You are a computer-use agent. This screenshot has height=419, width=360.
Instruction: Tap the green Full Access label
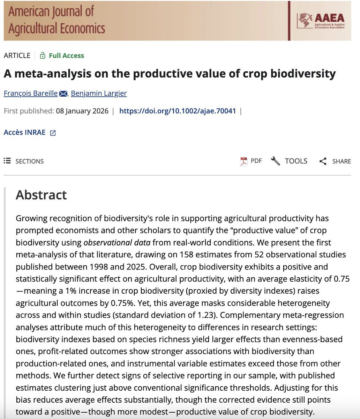(x=66, y=56)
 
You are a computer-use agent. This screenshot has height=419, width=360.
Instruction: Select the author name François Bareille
(x=31, y=93)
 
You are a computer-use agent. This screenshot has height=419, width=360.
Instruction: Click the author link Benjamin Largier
(x=99, y=93)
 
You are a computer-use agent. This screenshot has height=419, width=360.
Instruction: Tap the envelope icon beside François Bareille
(x=63, y=94)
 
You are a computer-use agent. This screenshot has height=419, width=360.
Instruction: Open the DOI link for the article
(x=178, y=111)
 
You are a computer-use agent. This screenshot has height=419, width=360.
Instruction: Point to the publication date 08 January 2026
(x=82, y=111)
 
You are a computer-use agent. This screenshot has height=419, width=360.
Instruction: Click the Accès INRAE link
(x=24, y=132)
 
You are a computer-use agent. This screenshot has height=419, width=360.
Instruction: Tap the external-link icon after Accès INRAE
(x=53, y=133)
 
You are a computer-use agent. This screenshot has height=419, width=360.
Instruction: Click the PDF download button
(x=251, y=161)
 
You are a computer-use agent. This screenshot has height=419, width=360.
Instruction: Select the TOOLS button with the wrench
(x=290, y=161)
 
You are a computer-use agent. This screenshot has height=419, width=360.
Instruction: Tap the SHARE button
(x=335, y=161)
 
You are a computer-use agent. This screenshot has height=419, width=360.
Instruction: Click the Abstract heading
(x=41, y=195)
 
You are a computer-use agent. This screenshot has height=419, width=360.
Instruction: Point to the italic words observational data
(x=117, y=242)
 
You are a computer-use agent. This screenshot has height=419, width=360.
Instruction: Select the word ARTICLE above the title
(x=17, y=56)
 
